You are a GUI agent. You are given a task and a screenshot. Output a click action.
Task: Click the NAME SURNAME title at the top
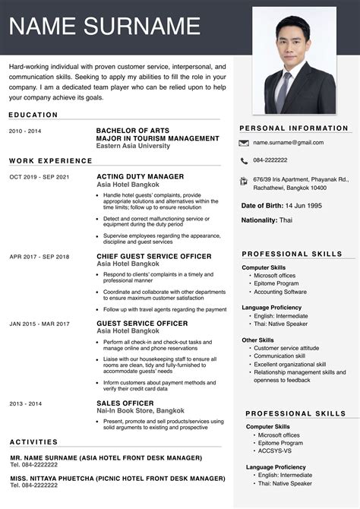pyautogui.click(x=105, y=27)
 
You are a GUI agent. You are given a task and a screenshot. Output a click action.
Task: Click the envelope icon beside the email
pyautogui.click(x=244, y=143)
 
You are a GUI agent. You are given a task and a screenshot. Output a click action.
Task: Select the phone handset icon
pyautogui.click(x=244, y=161)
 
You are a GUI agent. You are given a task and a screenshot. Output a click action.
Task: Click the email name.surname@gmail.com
pyautogui.click(x=288, y=143)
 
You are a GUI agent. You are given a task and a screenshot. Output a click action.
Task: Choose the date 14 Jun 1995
pyautogui.click(x=304, y=206)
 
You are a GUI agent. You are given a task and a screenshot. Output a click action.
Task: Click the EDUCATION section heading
pyautogui.click(x=33, y=115)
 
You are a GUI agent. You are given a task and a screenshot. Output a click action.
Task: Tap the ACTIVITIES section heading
pyautogui.click(x=33, y=441)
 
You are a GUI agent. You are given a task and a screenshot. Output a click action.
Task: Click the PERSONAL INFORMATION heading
pyautogui.click(x=294, y=128)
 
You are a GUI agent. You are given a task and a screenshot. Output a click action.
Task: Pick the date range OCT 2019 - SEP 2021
pyautogui.click(x=39, y=177)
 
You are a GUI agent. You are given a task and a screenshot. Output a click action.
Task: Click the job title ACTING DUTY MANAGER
pyautogui.click(x=140, y=176)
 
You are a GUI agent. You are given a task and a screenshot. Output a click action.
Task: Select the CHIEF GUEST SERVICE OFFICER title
pyautogui.click(x=153, y=256)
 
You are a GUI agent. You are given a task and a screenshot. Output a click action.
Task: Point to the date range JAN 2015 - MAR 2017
pyautogui.click(x=39, y=324)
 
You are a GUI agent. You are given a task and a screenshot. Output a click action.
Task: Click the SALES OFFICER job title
pyautogui.click(x=125, y=403)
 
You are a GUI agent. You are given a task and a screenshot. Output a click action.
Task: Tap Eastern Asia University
pyautogui.click(x=133, y=145)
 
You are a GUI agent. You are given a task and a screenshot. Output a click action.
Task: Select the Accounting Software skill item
pyautogui.click(x=280, y=292)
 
